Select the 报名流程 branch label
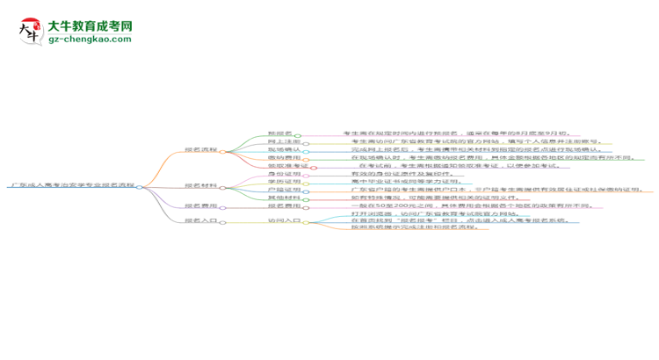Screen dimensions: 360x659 [x=200, y=151]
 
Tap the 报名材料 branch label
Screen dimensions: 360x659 [x=200, y=186]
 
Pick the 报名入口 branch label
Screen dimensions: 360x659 [x=200, y=222]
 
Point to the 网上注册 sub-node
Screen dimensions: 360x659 [x=283, y=141]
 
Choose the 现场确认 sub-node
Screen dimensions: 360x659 [x=283, y=150]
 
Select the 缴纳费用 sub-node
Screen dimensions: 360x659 [x=283, y=158]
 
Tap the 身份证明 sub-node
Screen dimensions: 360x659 [x=283, y=174]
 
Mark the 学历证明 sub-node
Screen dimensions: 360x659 [x=283, y=182]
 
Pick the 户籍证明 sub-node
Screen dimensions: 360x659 [x=283, y=190]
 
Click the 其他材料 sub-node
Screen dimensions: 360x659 [x=283, y=198]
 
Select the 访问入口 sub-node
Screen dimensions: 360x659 [x=283, y=222]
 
